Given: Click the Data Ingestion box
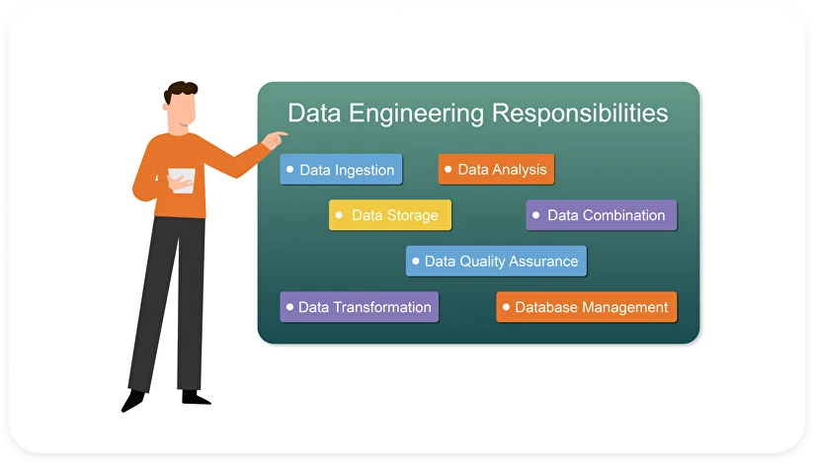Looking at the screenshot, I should (341, 170).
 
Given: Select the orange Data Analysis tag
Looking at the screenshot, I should (496, 170).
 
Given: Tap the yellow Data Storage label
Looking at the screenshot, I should (389, 215).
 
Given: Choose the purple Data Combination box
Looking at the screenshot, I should (601, 215).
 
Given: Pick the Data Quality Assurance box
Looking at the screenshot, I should (496, 262).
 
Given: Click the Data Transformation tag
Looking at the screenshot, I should (359, 307).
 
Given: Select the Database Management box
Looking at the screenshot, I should (586, 307).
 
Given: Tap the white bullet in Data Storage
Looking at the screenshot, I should (341, 214).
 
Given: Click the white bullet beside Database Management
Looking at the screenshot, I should (506, 306).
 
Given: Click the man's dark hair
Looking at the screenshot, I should (181, 94).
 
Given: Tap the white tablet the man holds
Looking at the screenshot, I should (182, 179).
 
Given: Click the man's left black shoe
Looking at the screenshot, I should (132, 400).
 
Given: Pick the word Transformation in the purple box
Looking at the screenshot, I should (382, 307).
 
